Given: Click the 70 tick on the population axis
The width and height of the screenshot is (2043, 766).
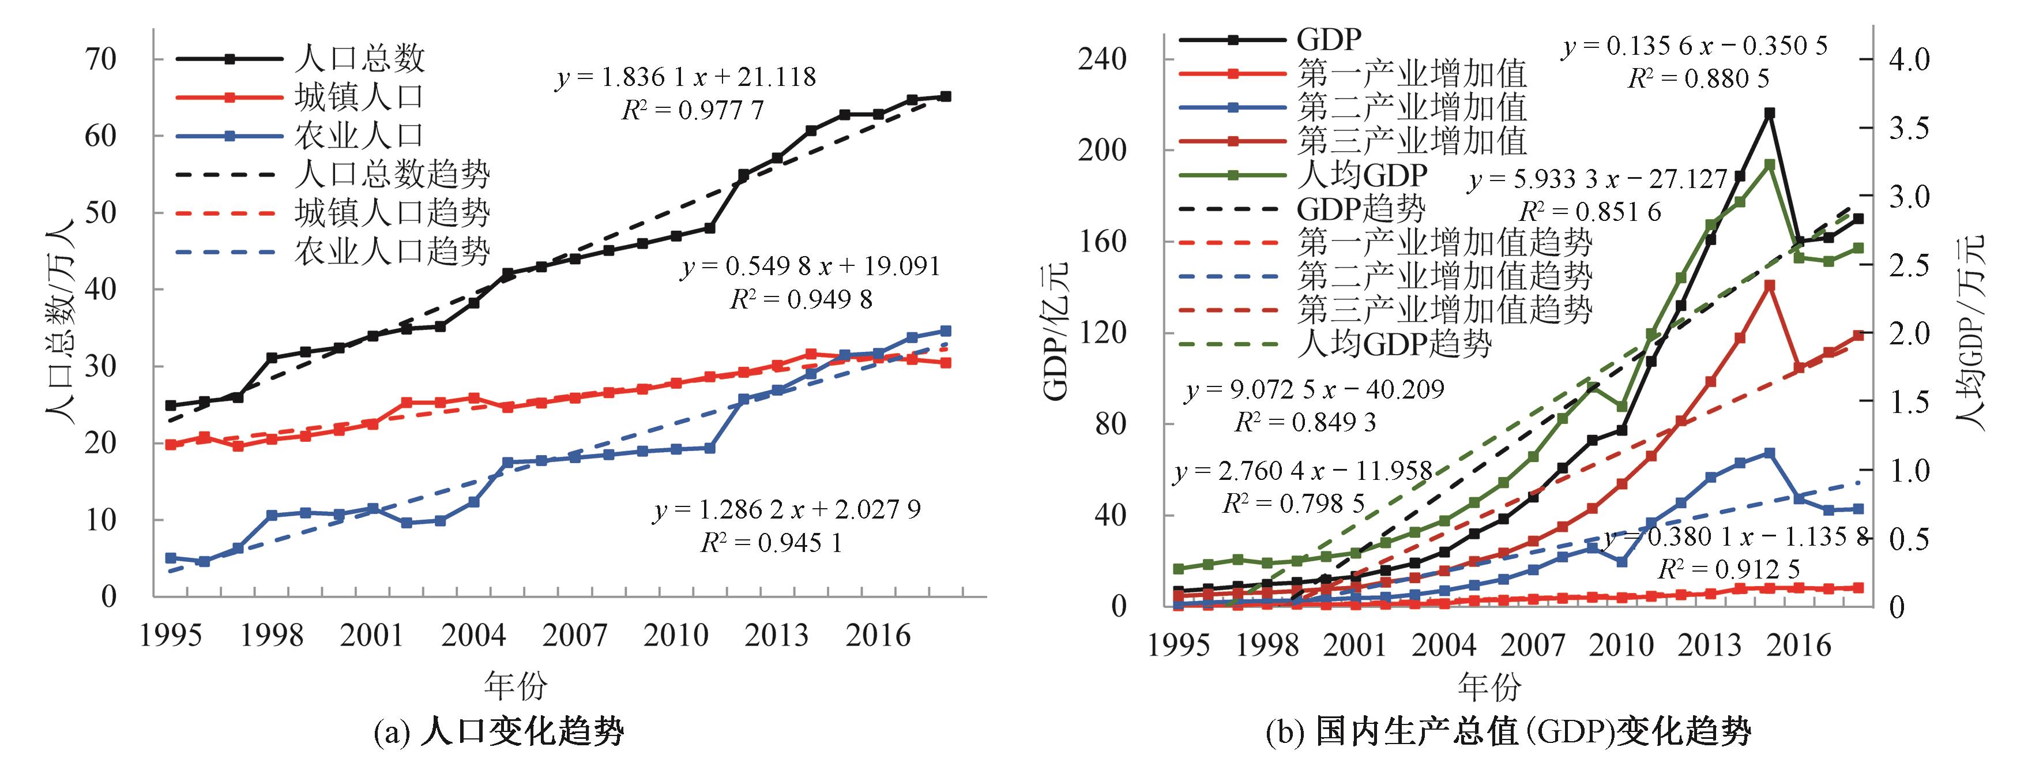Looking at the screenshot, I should (x=99, y=59).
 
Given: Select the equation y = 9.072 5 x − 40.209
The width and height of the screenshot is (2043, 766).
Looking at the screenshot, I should (x=1314, y=389).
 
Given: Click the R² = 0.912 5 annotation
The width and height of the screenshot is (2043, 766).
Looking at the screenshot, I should (x=1728, y=569).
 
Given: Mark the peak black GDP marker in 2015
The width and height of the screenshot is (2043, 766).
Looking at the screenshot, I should (x=1769, y=114).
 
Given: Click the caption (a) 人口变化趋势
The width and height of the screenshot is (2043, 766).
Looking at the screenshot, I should (x=499, y=731).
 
